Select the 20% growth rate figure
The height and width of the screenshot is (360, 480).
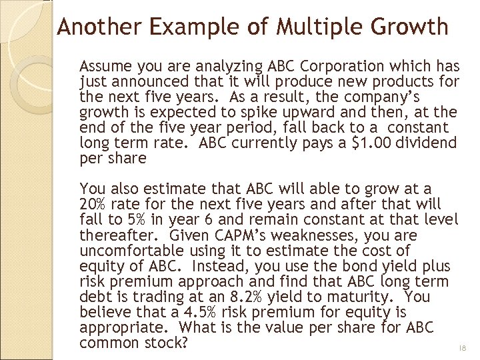(x=93, y=205)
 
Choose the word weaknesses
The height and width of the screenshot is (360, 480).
(x=327, y=235)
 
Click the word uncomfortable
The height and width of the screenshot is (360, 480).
(x=131, y=251)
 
